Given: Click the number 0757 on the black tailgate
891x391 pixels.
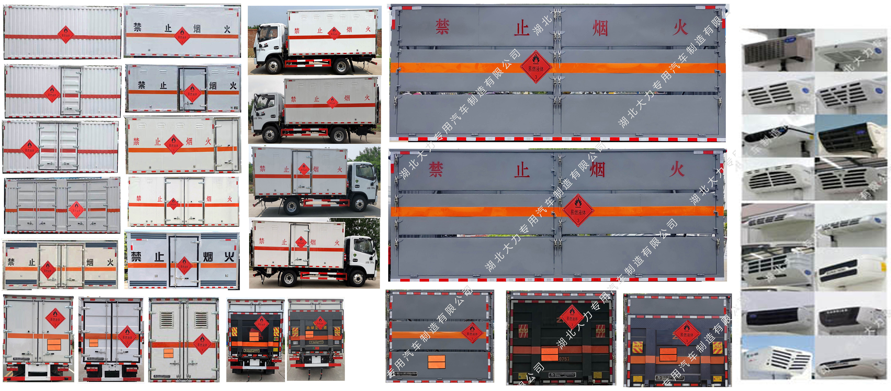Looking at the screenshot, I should [564, 359].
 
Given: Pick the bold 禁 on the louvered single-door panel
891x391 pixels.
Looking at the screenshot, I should [136, 256].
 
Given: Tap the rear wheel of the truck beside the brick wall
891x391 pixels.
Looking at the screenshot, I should [341, 66].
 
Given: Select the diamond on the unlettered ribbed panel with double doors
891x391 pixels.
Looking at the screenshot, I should [29, 149].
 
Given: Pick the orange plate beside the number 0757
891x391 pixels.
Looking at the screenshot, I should [549, 354].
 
